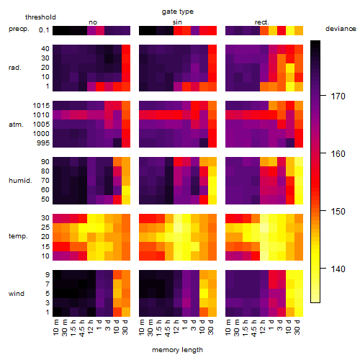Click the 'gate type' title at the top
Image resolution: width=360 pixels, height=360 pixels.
click(178, 12)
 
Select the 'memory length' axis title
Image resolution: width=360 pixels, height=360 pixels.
click(178, 350)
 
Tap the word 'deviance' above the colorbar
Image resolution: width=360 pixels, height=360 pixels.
click(341, 29)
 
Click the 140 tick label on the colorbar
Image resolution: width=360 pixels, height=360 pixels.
click(338, 269)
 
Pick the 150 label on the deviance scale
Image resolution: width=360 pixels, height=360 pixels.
click(338, 212)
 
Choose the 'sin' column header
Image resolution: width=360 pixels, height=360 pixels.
click(177, 22)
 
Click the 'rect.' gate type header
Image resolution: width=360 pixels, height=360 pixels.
click(262, 22)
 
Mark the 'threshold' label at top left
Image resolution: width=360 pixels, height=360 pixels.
click(40, 17)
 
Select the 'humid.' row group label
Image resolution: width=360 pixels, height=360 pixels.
click(20, 181)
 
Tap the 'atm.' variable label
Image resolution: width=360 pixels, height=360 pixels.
click(16, 125)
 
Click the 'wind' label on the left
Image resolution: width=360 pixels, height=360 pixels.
click(17, 294)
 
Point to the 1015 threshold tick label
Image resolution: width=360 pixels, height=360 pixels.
click(41, 106)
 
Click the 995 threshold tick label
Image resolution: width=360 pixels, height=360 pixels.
click(43, 143)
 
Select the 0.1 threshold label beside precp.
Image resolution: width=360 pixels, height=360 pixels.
click(44, 30)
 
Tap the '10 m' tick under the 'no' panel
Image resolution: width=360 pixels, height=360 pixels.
click(55, 328)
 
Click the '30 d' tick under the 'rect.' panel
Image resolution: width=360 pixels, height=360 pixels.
click(297, 328)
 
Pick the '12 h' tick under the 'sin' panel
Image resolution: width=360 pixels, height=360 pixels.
click(176, 328)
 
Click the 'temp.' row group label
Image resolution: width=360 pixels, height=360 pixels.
click(18, 236)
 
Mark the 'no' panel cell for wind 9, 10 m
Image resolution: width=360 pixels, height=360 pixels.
click(57, 275)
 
